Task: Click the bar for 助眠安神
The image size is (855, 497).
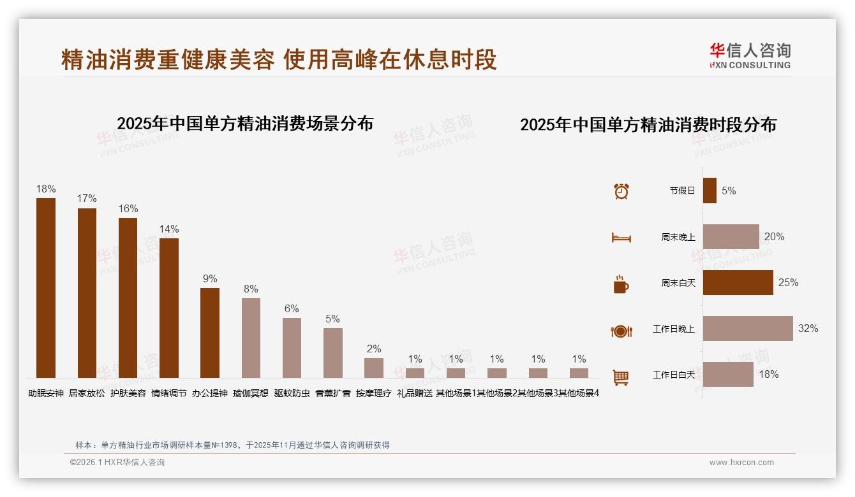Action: [x=46, y=288]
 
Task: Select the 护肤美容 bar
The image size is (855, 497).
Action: [x=128, y=298]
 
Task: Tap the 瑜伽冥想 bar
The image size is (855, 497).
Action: [x=251, y=338]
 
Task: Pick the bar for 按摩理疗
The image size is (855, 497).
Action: [x=374, y=368]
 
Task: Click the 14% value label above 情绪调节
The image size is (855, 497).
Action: [x=169, y=229]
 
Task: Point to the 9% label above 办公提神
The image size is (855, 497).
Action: [x=210, y=279]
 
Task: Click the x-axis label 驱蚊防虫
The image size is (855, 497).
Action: [x=292, y=394]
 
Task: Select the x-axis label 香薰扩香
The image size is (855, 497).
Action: [x=333, y=394]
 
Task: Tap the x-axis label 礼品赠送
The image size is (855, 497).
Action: [x=415, y=394]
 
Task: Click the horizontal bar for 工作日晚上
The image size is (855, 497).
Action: [x=748, y=329]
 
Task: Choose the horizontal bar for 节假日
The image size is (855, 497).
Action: [x=710, y=191]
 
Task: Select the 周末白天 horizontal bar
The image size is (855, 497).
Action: [x=738, y=282]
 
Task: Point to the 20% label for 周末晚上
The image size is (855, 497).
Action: [x=774, y=237]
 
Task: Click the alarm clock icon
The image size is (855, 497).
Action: [x=621, y=191]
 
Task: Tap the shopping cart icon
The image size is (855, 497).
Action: [x=621, y=377]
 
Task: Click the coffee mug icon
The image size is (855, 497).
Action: [x=621, y=284]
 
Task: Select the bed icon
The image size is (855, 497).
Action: [x=621, y=238]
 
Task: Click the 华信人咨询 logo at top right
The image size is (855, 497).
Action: [x=750, y=55]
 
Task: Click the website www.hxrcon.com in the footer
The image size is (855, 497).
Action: [x=741, y=463]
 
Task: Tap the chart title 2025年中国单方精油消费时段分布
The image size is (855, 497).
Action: [x=648, y=125]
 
